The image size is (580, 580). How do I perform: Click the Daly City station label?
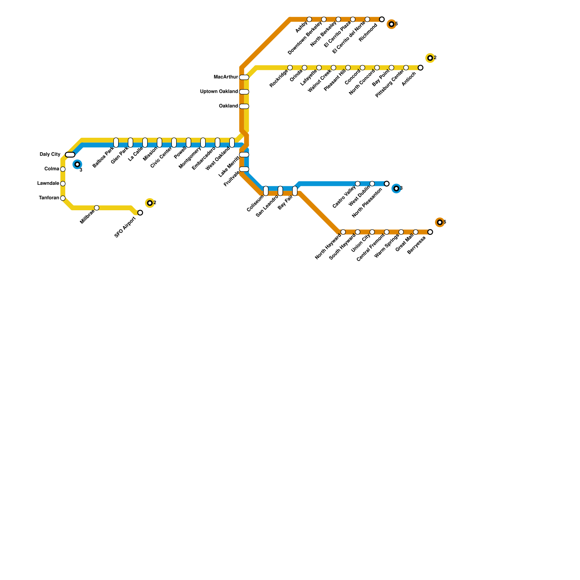click(50, 154)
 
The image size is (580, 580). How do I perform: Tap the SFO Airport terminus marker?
click(140, 213)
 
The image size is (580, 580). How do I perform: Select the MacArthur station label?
click(226, 77)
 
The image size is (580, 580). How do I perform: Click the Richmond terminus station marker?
click(382, 19)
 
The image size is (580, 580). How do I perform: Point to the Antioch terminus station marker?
click(420, 68)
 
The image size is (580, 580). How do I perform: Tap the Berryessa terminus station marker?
click(430, 232)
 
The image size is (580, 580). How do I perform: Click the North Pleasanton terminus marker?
click(387, 184)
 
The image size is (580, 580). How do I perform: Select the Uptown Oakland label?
click(219, 92)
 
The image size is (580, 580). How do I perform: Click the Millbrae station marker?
click(96, 208)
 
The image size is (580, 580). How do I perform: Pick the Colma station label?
click(52, 169)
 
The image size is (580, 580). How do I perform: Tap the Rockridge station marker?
click(290, 68)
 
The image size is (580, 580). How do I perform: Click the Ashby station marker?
click(309, 19)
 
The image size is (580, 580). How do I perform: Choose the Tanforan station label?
click(49, 198)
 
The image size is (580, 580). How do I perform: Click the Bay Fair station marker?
click(295, 191)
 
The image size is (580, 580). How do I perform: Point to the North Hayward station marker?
click(343, 232)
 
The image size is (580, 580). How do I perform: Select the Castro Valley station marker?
click(358, 184)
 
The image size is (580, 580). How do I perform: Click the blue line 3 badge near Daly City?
click(77, 165)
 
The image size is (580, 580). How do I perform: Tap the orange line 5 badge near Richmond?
click(391, 24)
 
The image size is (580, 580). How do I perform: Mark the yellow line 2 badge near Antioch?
click(430, 58)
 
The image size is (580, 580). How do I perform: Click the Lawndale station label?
click(48, 183)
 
